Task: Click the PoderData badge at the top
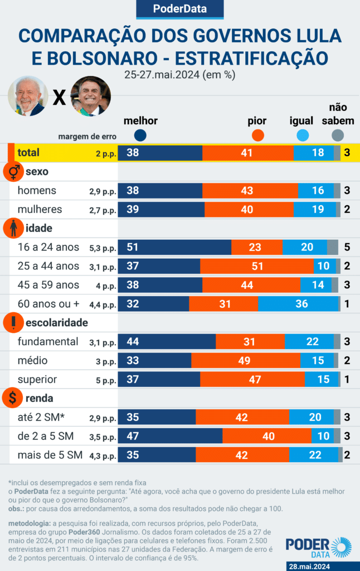coord(180,9)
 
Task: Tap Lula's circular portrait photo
coord(28,96)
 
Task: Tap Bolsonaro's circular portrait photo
coord(91,96)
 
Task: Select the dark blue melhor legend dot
coord(140,135)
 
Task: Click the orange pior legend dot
coord(257,135)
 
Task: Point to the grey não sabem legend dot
coord(337,135)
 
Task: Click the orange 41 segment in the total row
coord(248,153)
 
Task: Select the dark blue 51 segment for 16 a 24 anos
coord(174,247)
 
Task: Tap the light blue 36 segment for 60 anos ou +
coord(298,304)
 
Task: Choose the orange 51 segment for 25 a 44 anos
coord(257,266)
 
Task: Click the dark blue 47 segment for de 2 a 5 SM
coord(170,435)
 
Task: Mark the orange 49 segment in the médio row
coord(245,360)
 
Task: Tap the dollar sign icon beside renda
coord(13,398)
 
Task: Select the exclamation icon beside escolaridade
coord(13,322)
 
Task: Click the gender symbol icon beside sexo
coord(13,172)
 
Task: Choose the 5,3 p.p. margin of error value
coord(103,248)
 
